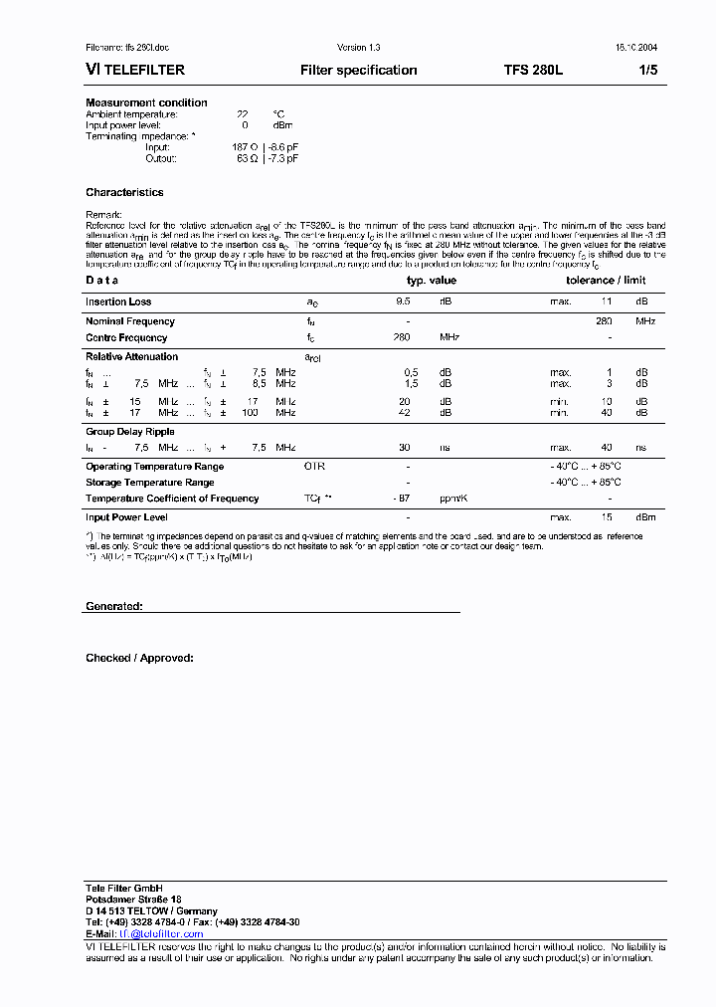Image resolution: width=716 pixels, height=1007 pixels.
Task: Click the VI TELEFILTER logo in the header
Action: tap(134, 71)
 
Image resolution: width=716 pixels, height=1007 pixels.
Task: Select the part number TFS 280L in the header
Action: tap(533, 71)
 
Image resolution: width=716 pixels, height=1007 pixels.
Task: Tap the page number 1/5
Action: tap(647, 71)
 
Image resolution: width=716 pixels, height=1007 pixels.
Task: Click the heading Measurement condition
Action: tap(146, 102)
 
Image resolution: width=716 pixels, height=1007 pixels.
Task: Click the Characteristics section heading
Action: tap(124, 192)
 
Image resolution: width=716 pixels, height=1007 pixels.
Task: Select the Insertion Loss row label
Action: tap(118, 302)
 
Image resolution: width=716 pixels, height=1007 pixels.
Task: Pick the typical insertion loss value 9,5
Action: tap(403, 302)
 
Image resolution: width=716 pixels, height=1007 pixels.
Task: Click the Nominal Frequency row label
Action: tap(129, 321)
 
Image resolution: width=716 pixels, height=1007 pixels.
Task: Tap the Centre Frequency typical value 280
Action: tap(402, 337)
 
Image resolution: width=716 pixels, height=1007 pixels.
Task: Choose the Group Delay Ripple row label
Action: tap(129, 432)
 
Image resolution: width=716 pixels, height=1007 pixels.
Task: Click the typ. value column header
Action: tap(432, 281)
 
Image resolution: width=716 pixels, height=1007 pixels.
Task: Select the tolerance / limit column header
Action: tap(606, 281)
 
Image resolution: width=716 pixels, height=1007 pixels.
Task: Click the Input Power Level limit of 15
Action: tap(606, 517)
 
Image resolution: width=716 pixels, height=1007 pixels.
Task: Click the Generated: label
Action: tap(113, 606)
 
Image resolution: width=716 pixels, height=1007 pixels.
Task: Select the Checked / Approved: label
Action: tap(139, 658)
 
